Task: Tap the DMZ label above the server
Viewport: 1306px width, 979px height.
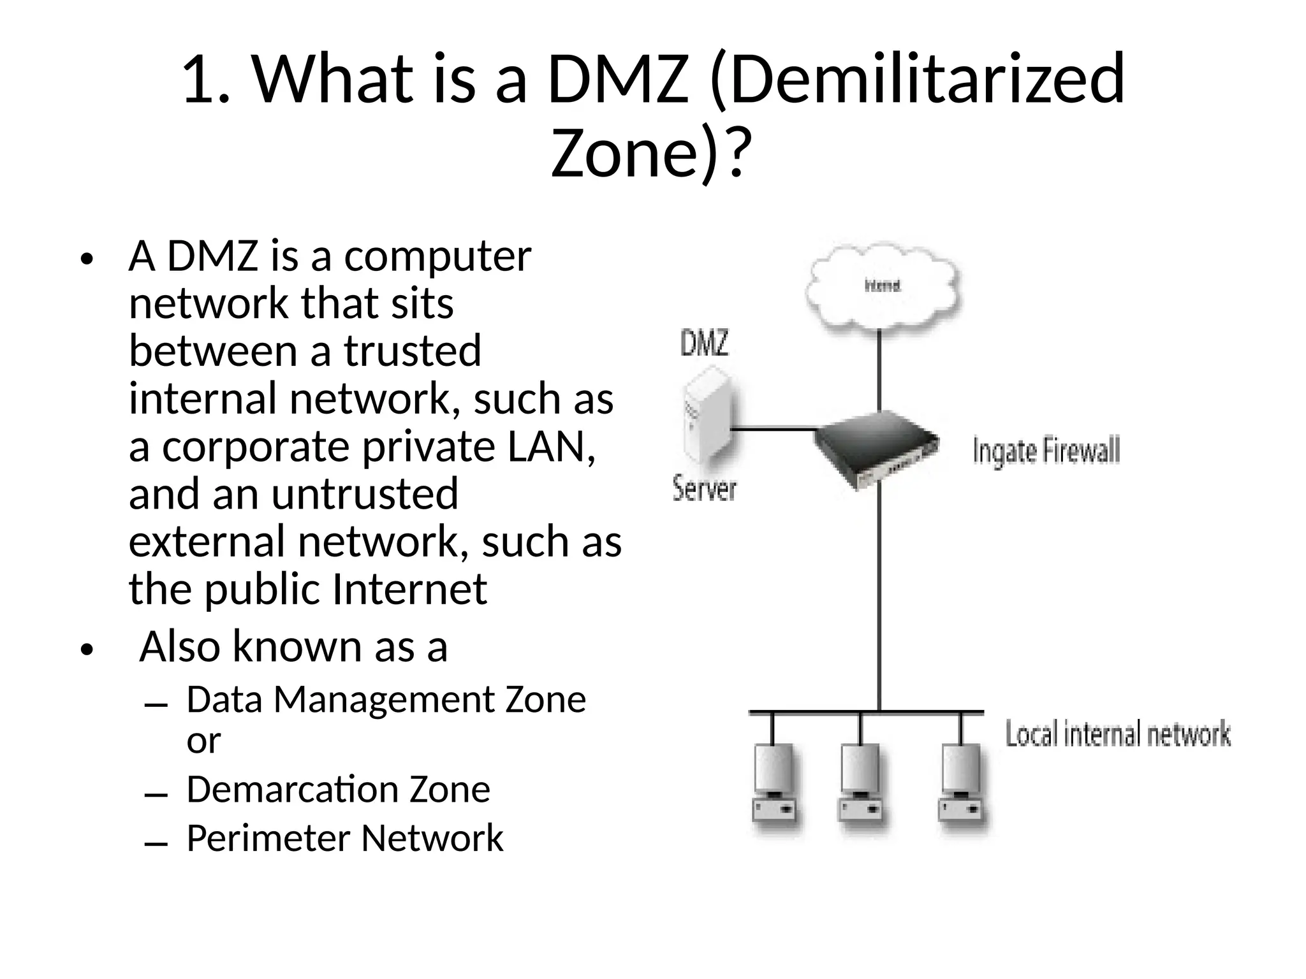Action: [x=704, y=344]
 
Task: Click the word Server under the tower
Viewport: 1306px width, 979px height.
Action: [x=705, y=489]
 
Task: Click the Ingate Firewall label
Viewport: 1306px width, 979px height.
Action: [x=1046, y=451]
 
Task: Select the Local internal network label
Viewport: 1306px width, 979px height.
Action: [x=1117, y=734]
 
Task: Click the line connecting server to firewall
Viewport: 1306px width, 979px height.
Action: [x=773, y=430]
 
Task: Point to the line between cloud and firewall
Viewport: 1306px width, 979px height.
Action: [x=879, y=370]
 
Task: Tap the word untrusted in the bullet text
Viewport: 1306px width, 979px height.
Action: [x=365, y=494]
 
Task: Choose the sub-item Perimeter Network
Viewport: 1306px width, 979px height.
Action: [x=344, y=838]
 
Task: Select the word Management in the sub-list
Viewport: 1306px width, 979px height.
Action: [x=384, y=700]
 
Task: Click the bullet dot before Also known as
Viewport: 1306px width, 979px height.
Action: [x=87, y=650]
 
